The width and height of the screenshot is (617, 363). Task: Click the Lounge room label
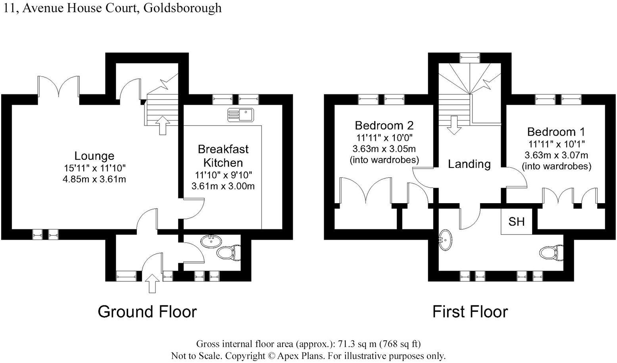94,156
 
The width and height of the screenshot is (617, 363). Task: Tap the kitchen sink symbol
240,115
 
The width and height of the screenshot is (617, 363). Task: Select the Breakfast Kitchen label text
223,156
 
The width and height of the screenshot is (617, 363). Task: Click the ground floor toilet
230,253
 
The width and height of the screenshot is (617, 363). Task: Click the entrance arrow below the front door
152,283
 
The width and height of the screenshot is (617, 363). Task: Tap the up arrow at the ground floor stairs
162,125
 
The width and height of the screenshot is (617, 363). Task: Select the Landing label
469,164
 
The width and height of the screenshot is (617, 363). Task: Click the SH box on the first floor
516,221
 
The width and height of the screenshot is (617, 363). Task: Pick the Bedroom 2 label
384,126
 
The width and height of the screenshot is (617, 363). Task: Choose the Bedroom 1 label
556,132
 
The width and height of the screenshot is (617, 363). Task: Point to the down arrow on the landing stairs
454,125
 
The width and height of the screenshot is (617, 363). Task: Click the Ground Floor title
147,312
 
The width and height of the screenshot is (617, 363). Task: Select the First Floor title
470,312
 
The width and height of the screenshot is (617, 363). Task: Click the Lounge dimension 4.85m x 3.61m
94,179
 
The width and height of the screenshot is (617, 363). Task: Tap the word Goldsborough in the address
183,8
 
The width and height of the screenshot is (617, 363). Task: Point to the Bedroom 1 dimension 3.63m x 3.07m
556,155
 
